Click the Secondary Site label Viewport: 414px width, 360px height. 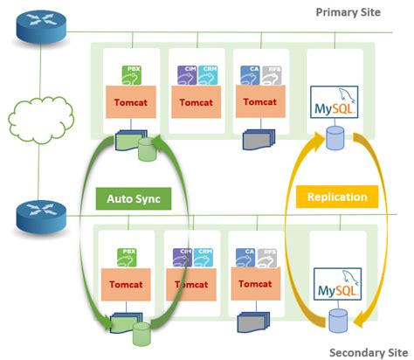(363, 351)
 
